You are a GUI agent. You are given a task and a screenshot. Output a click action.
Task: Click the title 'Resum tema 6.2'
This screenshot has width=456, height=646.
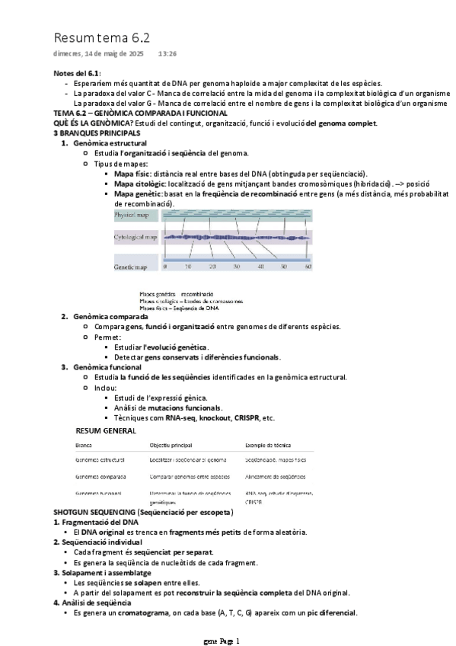[x=101, y=37]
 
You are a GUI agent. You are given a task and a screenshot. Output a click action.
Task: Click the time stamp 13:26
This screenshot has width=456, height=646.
[x=167, y=54]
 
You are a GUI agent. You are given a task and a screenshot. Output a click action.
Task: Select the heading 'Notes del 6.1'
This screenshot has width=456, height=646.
[x=77, y=73]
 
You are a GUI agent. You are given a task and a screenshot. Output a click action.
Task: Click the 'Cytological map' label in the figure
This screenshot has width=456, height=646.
[x=136, y=238]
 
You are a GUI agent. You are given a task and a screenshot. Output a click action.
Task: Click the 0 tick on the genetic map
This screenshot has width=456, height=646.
[x=165, y=267]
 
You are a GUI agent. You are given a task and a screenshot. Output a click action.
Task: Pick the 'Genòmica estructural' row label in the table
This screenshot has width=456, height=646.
[x=100, y=460]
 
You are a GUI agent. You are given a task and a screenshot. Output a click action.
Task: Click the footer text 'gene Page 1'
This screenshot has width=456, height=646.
[x=222, y=641]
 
